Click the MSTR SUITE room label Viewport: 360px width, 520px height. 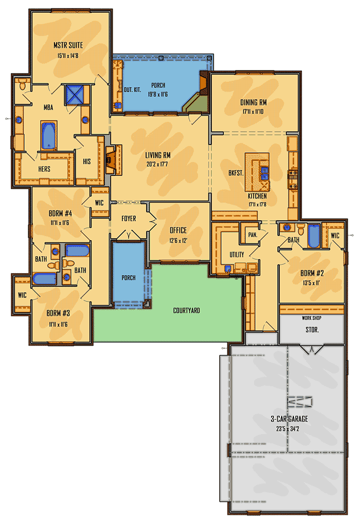pyautogui.click(x=68, y=45)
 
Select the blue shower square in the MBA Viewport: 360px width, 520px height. pyautogui.click(x=74, y=94)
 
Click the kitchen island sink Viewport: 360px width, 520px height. pyautogui.click(x=264, y=170)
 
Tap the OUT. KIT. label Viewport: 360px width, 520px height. pyautogui.click(x=132, y=91)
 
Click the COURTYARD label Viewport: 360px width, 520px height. pyautogui.click(x=186, y=311)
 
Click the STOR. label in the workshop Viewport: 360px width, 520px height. pyautogui.click(x=312, y=330)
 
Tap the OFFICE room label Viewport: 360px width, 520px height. pyautogui.click(x=178, y=230)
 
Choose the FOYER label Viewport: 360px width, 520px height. pyautogui.click(x=129, y=219)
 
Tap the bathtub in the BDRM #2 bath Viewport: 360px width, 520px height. pyautogui.click(x=314, y=236)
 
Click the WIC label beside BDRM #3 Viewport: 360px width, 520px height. pyautogui.click(x=22, y=295)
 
